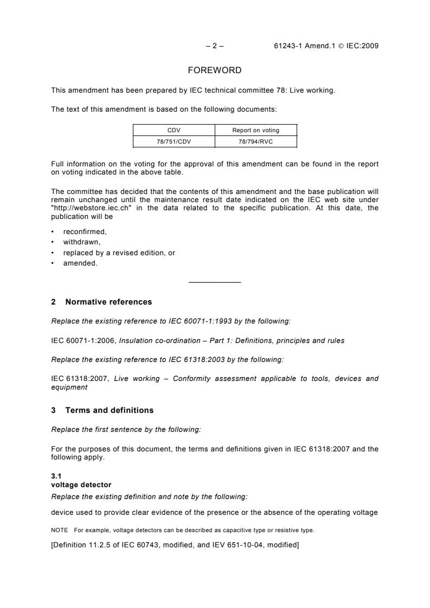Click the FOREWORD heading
pos(215,70)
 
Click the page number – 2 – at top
pos(215,46)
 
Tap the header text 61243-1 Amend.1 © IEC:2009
pos(326,46)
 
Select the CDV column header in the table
pos(174,130)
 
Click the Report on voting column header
pos(256,130)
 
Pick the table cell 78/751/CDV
pos(174,141)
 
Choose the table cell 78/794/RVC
pos(256,141)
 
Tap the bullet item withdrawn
pos(82,242)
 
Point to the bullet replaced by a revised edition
pos(119,253)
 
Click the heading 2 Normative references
pos(101,302)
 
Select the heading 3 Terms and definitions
pos(102,410)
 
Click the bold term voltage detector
pos(81,484)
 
